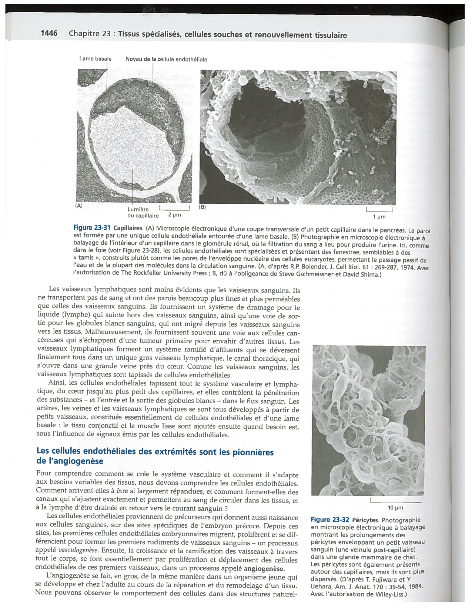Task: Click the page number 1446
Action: pyautogui.click(x=49, y=33)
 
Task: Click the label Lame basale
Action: pyautogui.click(x=95, y=59)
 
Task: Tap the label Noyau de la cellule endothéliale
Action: pyautogui.click(x=166, y=59)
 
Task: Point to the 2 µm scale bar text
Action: pyautogui.click(x=174, y=215)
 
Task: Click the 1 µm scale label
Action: pyautogui.click(x=379, y=217)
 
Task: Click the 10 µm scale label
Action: pyautogui.click(x=395, y=508)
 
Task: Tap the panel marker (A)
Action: pyautogui.click(x=79, y=206)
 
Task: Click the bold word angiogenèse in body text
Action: pyautogui.click(x=264, y=568)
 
